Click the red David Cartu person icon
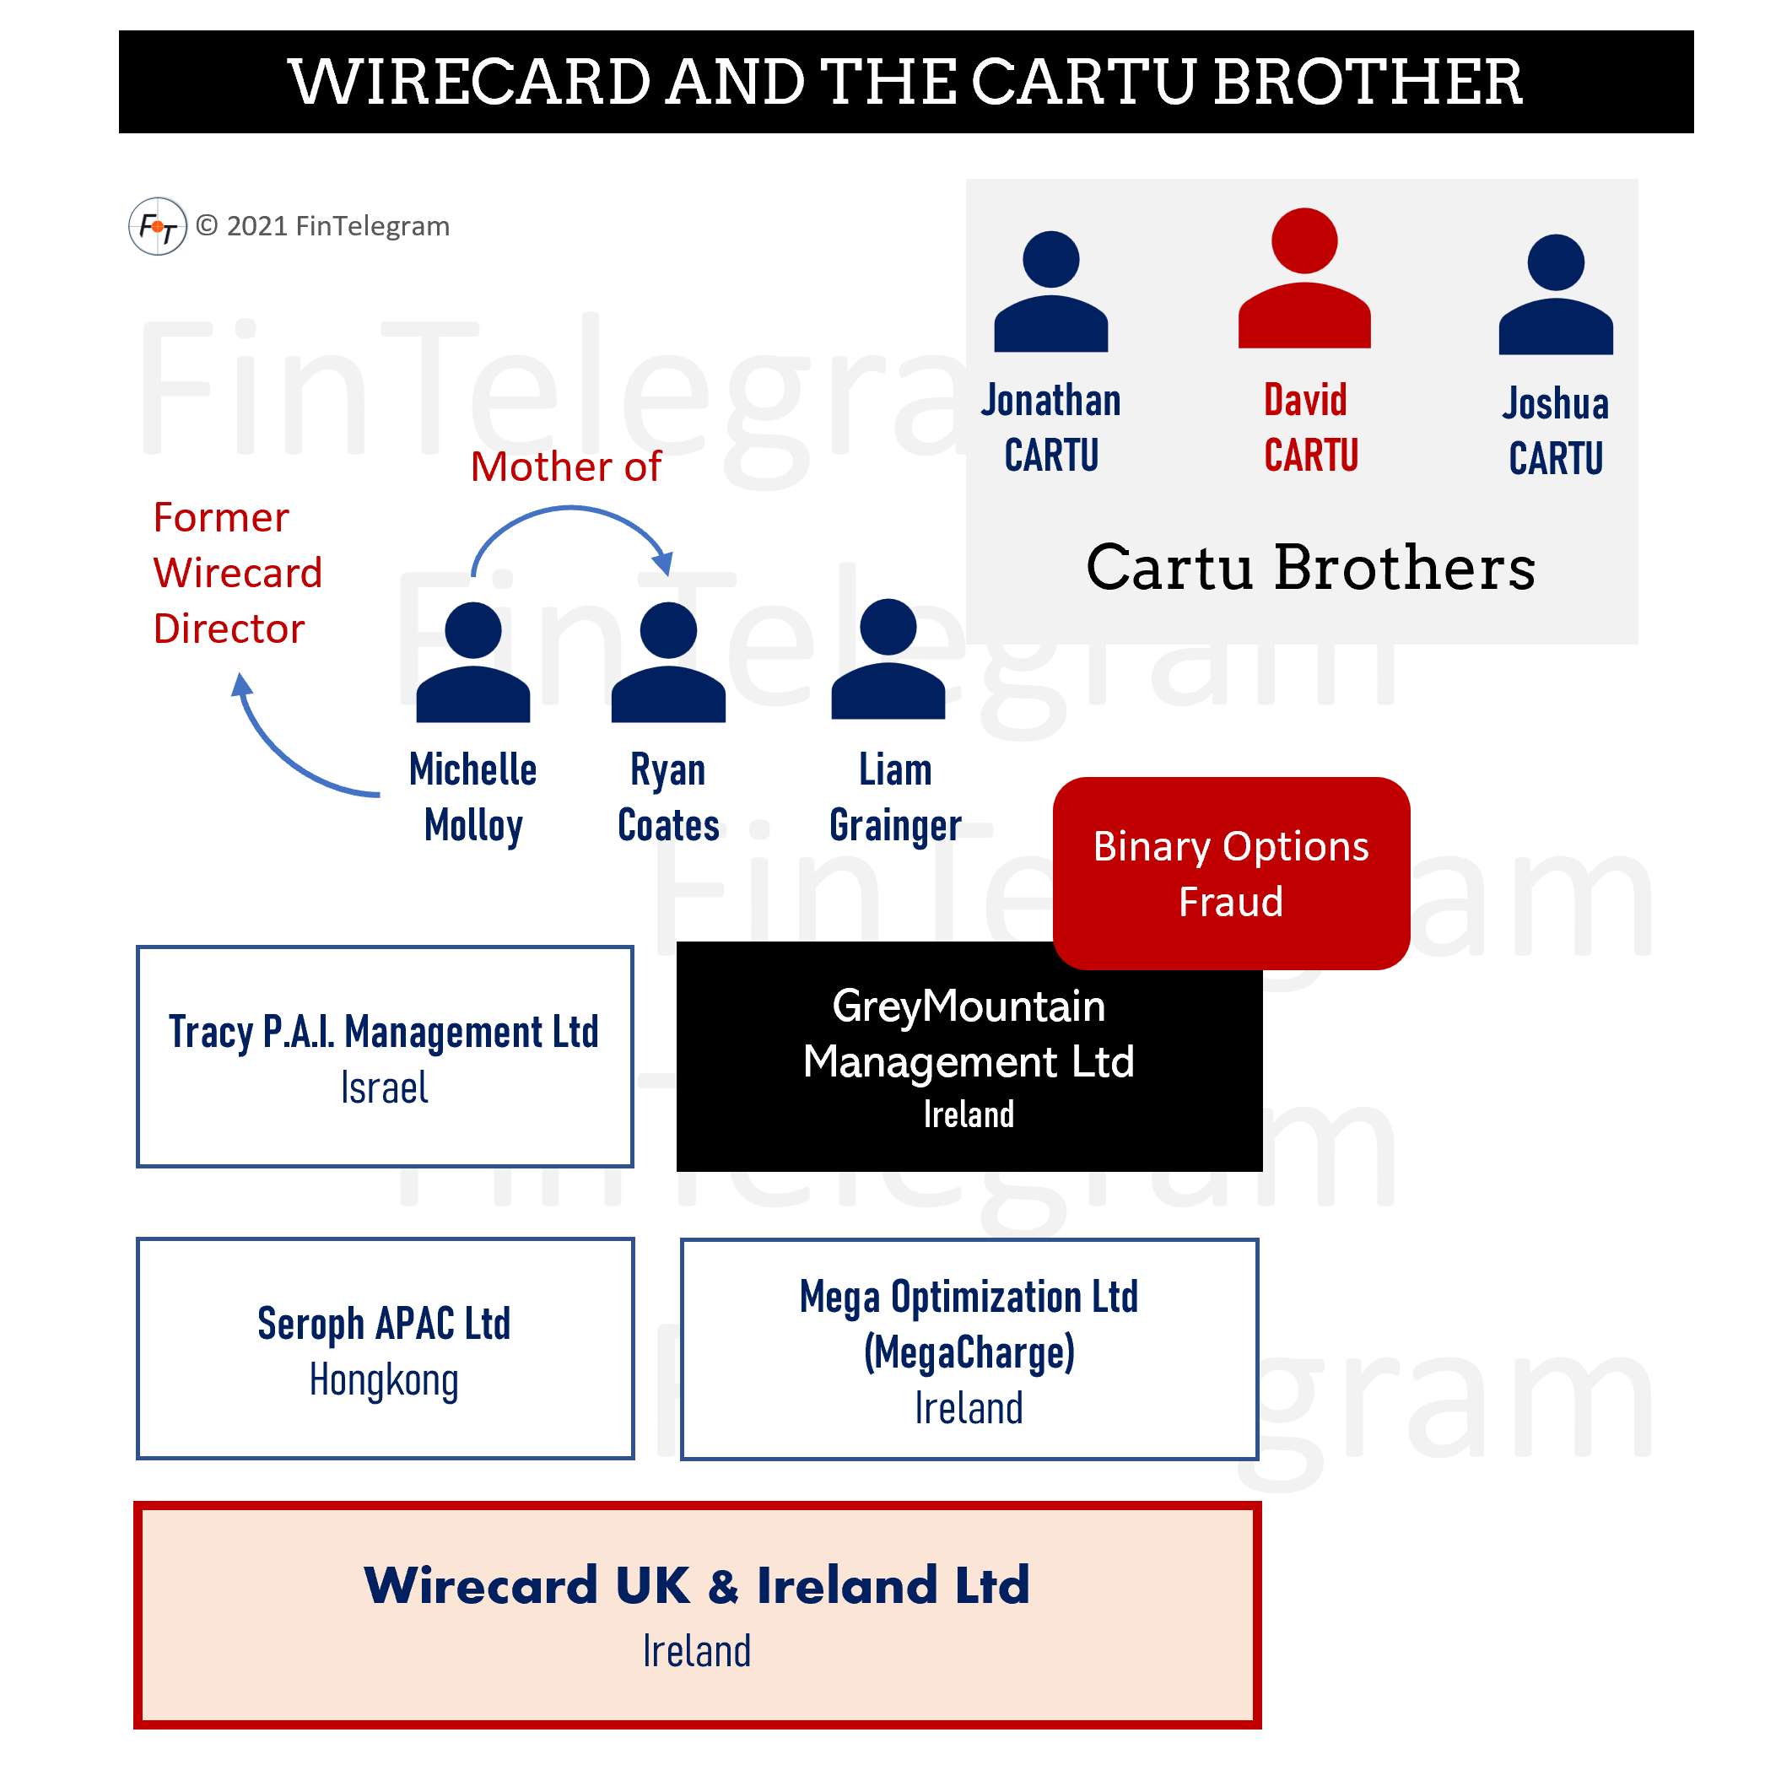coord(1304,278)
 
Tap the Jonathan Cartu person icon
coord(1051,292)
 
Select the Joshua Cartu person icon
coord(1556,295)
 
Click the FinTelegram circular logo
coord(158,226)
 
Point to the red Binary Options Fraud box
coord(1231,873)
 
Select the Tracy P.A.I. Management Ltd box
coord(385,1056)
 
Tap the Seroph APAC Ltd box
coord(385,1348)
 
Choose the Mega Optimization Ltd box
coord(969,1349)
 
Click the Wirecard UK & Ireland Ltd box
coord(698,1615)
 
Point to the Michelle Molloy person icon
coord(473,662)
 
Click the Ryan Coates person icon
coord(668,662)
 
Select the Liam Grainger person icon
coord(888,660)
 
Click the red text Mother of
coord(566,467)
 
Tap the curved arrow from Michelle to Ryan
coord(570,510)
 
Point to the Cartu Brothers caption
coord(1310,568)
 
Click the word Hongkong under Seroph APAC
coord(384,1380)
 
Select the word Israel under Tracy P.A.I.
coord(384,1088)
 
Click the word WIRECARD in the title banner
coord(470,82)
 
